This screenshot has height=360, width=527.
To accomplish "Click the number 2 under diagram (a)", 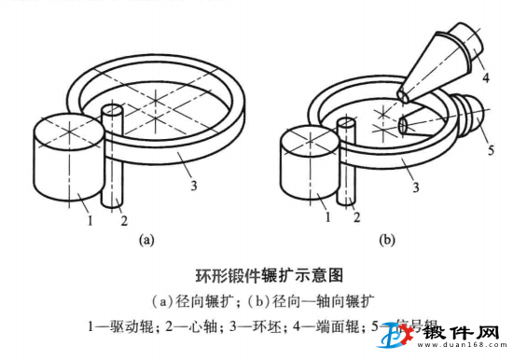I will coord(122,219).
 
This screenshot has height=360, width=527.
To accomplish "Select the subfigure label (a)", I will coord(146,241).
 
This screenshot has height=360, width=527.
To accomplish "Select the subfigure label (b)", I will coord(386,241).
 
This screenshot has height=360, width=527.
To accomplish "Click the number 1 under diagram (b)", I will coord(326,217).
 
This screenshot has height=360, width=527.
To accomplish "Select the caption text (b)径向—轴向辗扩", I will coord(316,301).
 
